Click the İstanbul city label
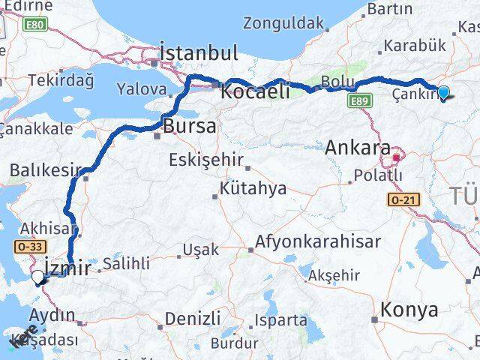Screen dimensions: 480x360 click(199, 53)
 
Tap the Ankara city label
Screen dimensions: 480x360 click(358, 147)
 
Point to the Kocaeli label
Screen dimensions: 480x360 click(255, 91)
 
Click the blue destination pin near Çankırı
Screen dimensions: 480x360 click(443, 93)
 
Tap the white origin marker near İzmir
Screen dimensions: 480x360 click(38, 277)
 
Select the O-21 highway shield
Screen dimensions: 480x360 click(402, 200)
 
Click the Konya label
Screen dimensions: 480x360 click(409, 309)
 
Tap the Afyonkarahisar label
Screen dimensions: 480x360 click(318, 242)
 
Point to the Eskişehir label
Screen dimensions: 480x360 click(205, 159)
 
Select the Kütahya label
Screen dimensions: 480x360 click(253, 188)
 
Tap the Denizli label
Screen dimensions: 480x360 click(192, 318)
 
